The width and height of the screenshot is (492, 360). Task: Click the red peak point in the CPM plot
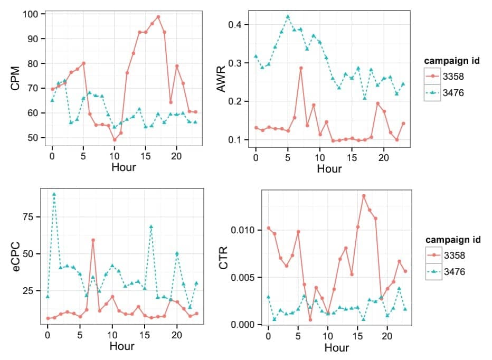click(158, 17)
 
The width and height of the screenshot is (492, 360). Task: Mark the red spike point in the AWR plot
click(301, 68)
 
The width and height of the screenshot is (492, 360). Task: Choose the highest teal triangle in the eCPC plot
click(54, 194)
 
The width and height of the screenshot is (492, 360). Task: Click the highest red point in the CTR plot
click(364, 196)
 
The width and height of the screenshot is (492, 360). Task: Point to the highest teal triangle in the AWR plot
click(288, 16)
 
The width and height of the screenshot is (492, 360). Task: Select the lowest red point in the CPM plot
click(114, 140)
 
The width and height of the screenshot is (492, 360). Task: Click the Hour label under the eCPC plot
click(122, 346)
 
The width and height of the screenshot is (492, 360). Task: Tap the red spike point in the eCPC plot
click(93, 240)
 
